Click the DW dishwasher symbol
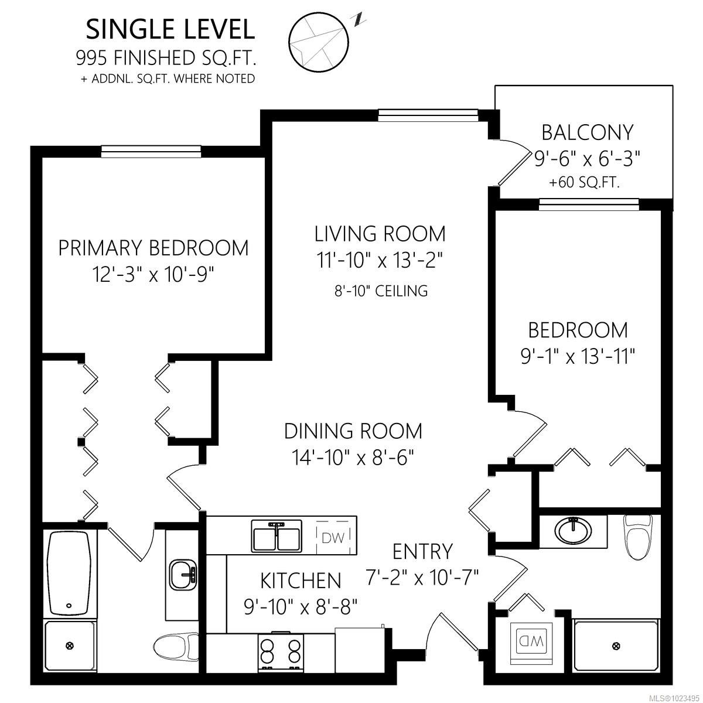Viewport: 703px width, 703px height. tap(334, 537)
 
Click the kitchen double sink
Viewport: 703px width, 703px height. tap(276, 536)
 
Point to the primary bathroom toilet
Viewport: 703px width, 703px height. tap(176, 647)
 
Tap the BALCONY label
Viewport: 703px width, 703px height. tap(587, 132)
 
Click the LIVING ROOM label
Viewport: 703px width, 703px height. tap(380, 234)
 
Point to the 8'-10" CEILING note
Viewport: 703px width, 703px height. tap(381, 291)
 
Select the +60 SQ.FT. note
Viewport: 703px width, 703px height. tap(585, 182)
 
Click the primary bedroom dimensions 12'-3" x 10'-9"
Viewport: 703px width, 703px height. tap(153, 274)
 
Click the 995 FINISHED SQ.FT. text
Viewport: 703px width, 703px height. tap(166, 57)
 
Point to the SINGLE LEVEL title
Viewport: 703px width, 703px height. tap(170, 29)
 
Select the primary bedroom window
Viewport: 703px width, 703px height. tap(151, 151)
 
